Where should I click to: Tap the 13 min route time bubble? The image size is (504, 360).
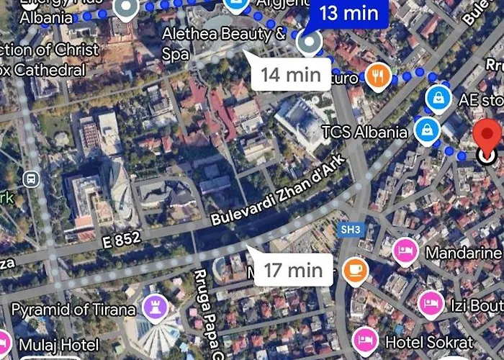(x=348, y=12)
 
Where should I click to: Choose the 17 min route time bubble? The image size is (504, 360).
(x=292, y=270)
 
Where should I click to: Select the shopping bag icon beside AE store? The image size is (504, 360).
(x=438, y=99)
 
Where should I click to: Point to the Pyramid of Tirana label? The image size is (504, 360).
(x=73, y=310)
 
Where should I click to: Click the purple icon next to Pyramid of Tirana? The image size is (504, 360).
(x=156, y=308)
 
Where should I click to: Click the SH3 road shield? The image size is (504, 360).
(x=348, y=228)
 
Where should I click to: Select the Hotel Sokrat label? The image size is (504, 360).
(x=429, y=341)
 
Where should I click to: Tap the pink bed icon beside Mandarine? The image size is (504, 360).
(x=405, y=252)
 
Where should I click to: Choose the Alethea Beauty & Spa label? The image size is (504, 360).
(x=223, y=42)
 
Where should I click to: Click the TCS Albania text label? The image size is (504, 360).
(x=364, y=132)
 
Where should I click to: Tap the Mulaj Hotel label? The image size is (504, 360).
(x=59, y=345)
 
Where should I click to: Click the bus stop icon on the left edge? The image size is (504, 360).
(x=31, y=179)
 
